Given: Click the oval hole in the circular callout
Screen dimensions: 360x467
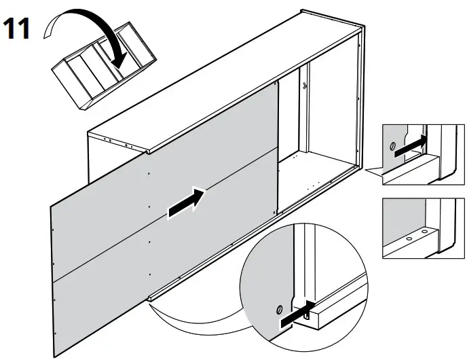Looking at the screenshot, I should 278,310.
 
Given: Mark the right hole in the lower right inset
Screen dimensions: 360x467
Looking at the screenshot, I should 425,232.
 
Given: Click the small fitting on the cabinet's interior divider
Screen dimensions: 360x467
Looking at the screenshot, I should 305,86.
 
